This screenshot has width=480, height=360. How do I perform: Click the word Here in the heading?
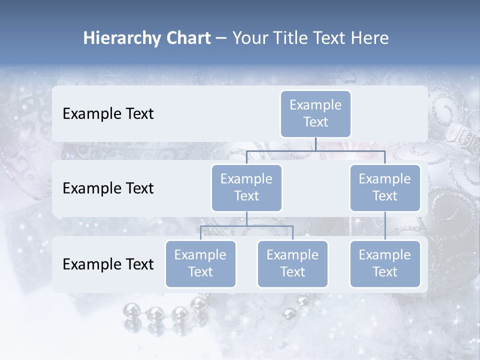point(370,38)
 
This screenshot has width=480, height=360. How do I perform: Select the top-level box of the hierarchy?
point(315,113)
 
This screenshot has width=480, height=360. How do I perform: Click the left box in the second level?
point(246,187)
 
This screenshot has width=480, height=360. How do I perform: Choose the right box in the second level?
point(385,187)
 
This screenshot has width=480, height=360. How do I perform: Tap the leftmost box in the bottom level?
point(200,263)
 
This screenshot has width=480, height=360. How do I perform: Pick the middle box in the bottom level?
point(292,263)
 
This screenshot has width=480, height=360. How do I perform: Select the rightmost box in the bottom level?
point(385,263)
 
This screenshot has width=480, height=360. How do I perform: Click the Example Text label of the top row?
point(108,114)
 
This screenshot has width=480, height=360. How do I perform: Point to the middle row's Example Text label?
point(108,188)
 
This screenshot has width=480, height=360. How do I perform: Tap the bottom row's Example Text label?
point(108,264)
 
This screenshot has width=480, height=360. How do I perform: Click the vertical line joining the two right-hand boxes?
point(385,226)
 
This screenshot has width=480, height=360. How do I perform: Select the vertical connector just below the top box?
point(315,144)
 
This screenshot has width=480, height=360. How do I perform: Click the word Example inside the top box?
point(315,105)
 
